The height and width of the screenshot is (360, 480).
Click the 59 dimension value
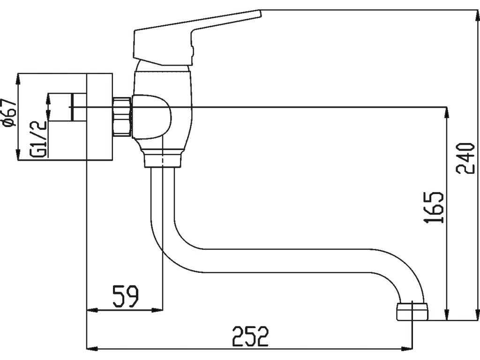[126, 297]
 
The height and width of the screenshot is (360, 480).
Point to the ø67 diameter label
[9, 112]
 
